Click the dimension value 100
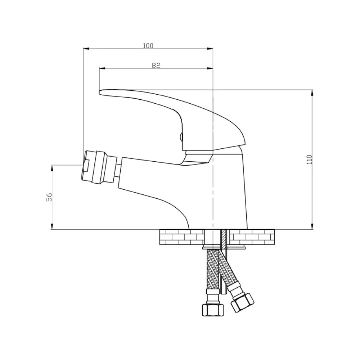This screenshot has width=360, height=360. click(148, 46)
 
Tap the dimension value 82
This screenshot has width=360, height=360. click(156, 66)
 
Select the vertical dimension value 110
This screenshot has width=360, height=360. click(310, 159)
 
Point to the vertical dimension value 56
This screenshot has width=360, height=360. click(49, 197)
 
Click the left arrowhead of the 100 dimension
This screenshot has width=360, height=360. click(86, 49)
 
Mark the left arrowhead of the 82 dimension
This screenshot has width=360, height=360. click(102, 68)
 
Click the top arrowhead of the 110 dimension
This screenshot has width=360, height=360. click(312, 93)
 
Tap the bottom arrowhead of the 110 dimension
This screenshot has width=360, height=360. click(312, 226)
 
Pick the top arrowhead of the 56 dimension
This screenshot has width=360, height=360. click(52, 168)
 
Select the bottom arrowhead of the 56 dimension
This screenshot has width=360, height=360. click(52, 226)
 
